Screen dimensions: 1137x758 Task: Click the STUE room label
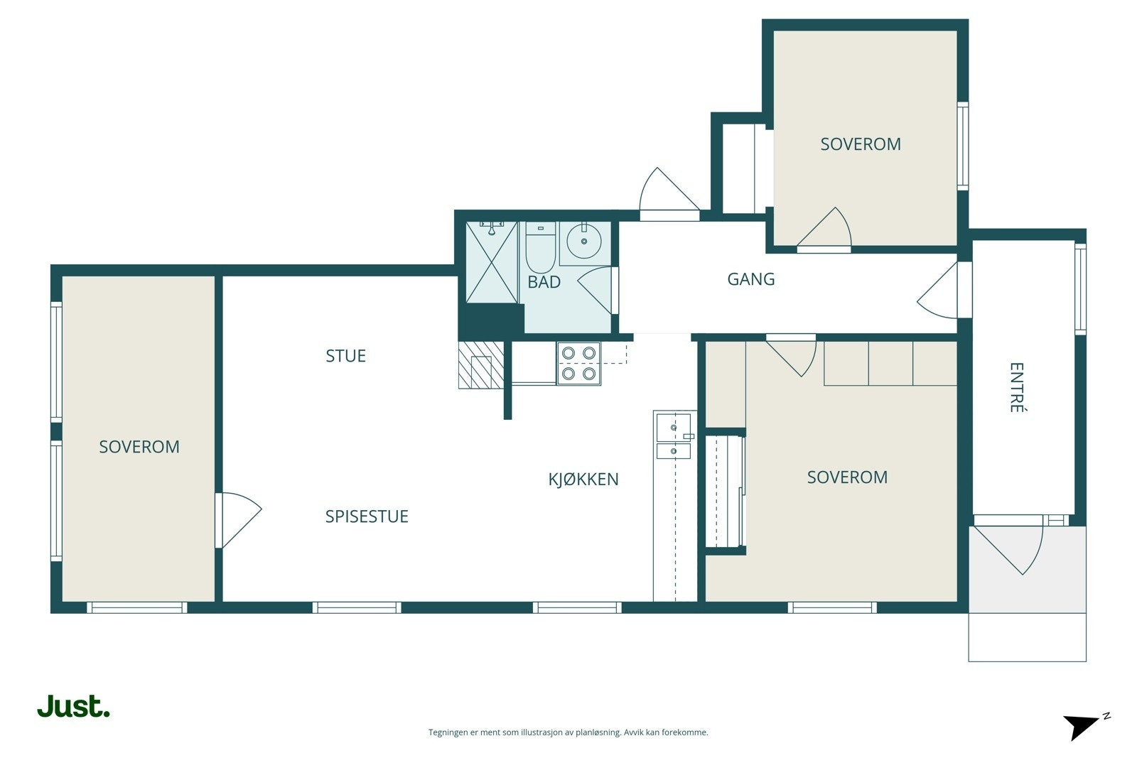point(345,356)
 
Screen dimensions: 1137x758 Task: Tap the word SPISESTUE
point(367,516)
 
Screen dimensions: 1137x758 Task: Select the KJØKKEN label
point(583,479)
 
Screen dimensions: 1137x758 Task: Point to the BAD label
point(544,281)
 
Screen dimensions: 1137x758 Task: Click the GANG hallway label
point(750,279)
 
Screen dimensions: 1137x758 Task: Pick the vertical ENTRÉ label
point(1017,387)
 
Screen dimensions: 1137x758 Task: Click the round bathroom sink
point(583,242)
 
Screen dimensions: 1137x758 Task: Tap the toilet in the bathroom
point(540,249)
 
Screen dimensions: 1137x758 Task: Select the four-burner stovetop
point(578,363)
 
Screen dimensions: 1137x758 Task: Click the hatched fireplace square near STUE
point(480,365)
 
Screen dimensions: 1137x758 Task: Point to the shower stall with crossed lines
point(491,262)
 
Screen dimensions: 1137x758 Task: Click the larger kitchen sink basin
point(674,428)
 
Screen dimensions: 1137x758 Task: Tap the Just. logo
point(74,705)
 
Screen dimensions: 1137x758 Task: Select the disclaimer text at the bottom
point(568,732)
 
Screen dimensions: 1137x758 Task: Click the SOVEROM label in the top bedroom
point(861,144)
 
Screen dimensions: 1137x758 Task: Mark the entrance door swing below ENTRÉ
point(1010,551)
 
